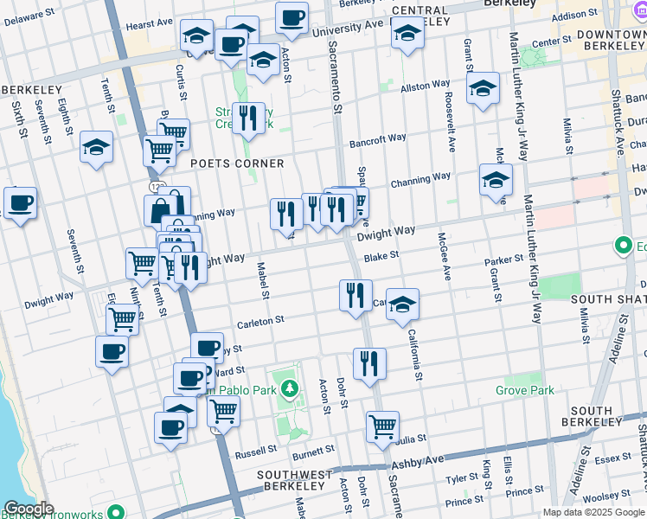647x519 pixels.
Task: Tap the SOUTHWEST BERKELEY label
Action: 294,482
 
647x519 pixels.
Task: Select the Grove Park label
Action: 524,391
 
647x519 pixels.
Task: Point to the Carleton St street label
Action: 261,320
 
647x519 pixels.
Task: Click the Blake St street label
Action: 381,256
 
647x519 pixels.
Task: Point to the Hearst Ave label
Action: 144,26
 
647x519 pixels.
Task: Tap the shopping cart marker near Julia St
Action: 382,426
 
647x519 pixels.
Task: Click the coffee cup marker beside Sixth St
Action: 20,204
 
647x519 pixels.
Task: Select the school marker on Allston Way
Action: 484,88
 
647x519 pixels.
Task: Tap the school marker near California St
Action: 402,304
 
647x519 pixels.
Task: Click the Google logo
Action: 29,509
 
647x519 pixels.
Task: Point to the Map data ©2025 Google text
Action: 593,512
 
